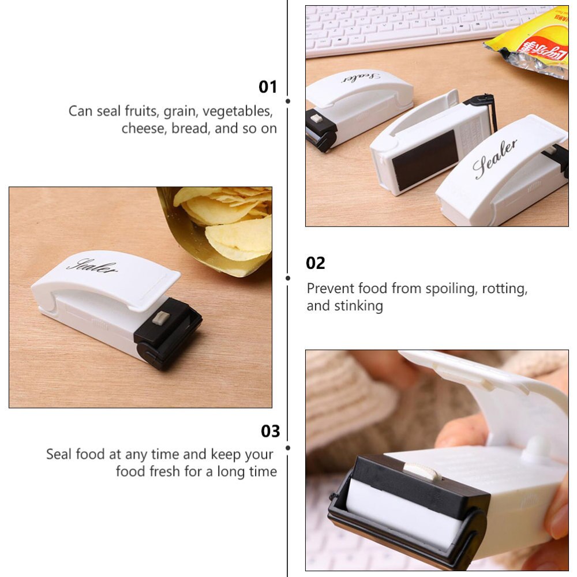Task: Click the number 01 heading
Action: [x=268, y=87]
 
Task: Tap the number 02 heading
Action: [x=316, y=263]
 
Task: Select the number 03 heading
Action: [x=270, y=431]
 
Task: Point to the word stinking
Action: [x=358, y=306]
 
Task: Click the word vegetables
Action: [x=236, y=111]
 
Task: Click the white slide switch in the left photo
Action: [x=161, y=318]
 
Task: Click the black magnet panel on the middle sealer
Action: [x=426, y=159]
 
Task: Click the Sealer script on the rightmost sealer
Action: [x=495, y=159]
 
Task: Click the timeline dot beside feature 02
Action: [x=288, y=278]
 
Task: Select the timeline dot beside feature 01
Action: [x=288, y=101]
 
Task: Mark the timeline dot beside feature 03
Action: [x=288, y=447]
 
